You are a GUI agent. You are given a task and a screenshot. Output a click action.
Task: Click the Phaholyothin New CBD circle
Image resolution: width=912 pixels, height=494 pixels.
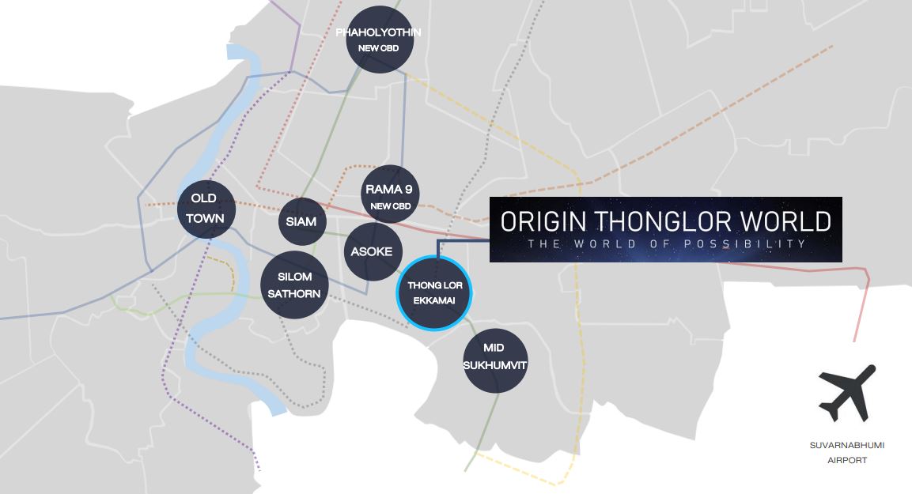point(378,40)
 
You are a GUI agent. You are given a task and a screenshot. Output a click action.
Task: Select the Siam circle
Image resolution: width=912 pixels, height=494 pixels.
point(302,221)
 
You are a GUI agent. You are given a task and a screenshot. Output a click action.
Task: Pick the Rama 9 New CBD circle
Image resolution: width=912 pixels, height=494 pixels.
point(388,194)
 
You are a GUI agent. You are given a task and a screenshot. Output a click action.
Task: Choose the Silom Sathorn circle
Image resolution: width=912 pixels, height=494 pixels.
point(293,285)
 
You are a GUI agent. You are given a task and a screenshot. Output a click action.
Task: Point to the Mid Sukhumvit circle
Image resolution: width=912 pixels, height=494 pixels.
point(495,360)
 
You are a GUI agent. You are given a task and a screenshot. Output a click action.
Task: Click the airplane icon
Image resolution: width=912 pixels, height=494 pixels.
point(847,394)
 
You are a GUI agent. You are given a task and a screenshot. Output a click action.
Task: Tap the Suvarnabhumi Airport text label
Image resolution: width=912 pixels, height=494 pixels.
point(847,453)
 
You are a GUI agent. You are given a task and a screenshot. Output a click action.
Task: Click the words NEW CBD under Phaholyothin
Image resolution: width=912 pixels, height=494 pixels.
point(378,48)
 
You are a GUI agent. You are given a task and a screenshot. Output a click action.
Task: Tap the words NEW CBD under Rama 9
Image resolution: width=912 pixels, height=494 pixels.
point(389,206)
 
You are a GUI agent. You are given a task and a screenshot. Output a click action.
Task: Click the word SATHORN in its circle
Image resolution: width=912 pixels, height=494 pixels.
point(293,294)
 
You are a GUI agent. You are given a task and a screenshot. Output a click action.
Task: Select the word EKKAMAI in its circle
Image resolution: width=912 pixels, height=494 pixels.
point(433,300)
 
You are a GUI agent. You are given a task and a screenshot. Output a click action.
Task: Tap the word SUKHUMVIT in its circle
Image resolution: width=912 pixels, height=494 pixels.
point(495,365)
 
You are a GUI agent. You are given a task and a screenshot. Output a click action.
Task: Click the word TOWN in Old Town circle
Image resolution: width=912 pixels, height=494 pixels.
point(205,218)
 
